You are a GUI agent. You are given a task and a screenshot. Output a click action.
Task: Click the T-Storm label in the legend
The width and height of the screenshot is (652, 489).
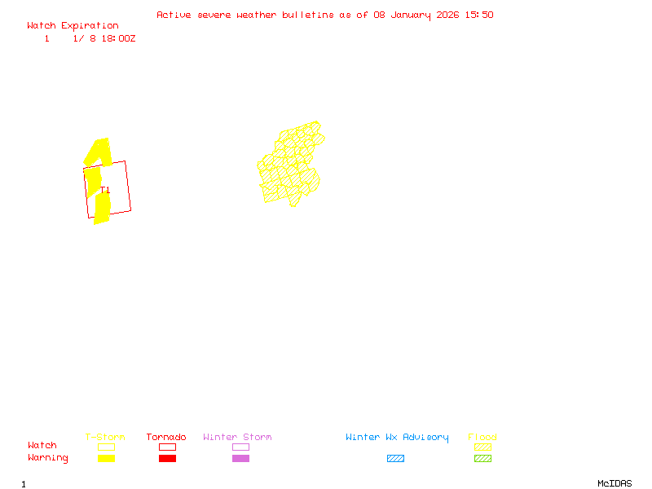coord(105,438)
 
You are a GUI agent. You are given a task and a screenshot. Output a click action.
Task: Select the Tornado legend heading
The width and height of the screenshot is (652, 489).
coord(166,438)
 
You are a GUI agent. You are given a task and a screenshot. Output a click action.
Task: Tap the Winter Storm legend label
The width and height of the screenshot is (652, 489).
coord(237,438)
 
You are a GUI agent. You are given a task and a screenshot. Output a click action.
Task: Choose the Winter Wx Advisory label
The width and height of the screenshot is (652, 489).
coord(397,438)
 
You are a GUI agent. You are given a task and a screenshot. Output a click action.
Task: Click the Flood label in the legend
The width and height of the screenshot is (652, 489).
coord(482,438)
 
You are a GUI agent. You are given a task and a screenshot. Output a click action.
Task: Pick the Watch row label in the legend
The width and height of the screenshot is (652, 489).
coord(42,446)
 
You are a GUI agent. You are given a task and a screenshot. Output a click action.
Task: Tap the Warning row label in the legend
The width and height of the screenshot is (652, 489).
coord(47,458)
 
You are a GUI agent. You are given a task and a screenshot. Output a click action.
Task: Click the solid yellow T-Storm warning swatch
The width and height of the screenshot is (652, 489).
coord(106,459)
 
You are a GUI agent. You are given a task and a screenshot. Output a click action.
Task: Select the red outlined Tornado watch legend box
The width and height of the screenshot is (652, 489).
coord(167,447)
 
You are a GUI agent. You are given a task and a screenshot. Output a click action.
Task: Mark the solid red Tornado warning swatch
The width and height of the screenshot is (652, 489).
coord(167,459)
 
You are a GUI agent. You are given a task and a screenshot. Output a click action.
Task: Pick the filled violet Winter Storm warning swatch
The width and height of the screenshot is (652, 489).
coord(240,459)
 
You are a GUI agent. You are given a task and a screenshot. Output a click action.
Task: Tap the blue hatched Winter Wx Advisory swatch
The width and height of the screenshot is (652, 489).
coord(395,459)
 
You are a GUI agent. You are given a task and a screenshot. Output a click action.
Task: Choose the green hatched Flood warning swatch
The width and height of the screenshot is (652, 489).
coord(482,459)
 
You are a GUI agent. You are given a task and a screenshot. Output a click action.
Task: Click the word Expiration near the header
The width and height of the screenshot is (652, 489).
coord(90,26)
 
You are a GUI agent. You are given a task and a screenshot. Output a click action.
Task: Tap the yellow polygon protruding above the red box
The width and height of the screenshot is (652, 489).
coord(99,151)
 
